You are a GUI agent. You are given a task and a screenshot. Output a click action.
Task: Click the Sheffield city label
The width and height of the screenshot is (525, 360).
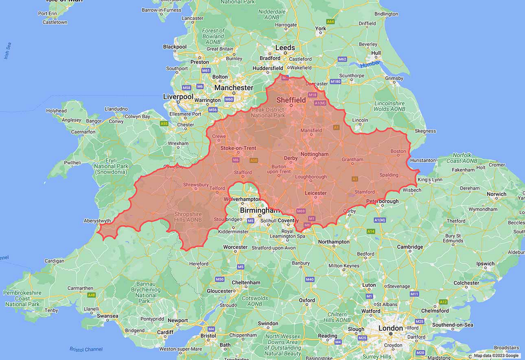pyautogui.click(x=291, y=100)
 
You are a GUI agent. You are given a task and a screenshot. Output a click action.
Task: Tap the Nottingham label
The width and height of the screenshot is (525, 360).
pyautogui.click(x=315, y=154)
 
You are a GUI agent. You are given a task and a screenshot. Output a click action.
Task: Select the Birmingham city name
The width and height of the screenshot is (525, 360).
pyautogui.click(x=260, y=210)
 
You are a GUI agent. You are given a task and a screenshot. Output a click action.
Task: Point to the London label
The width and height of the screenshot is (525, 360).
pyautogui.click(x=390, y=328)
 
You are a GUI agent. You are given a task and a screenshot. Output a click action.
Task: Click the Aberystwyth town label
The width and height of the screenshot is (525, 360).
pyautogui.click(x=97, y=221)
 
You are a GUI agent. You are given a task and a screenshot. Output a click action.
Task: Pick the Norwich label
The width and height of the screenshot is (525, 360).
pyautogui.click(x=496, y=194)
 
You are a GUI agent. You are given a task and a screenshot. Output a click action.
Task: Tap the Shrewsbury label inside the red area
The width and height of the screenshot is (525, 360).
pyautogui.click(x=196, y=185)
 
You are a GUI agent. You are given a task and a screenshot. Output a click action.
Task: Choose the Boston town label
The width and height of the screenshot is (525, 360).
pyautogui.click(x=398, y=151)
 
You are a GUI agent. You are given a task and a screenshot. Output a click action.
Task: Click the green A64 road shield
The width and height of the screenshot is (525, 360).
pyautogui.click(x=330, y=21)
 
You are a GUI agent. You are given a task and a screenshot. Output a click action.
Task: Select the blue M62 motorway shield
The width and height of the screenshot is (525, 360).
pyautogui.click(x=342, y=59)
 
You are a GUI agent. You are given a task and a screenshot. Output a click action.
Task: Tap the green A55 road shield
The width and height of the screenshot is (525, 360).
pyautogui.click(x=164, y=123)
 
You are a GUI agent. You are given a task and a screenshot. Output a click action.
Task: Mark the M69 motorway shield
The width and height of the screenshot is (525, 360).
pyautogui.click(x=301, y=211)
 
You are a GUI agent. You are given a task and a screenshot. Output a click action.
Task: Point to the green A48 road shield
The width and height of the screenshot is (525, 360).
pyautogui.click(x=91, y=295)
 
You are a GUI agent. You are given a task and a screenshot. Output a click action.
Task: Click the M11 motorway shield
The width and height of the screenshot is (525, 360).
pyautogui.click(x=414, y=294)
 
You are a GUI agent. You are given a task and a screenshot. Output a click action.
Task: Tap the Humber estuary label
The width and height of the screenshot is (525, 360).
pyautogui.click(x=370, y=65)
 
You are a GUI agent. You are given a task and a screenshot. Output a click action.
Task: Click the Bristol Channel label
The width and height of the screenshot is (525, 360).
pyautogui.click(x=85, y=349)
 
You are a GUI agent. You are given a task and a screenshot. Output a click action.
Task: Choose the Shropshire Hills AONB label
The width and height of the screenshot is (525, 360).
pyautogui.click(x=188, y=217)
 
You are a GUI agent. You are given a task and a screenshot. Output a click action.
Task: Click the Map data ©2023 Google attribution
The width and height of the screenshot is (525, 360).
pyautogui.click(x=496, y=355)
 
